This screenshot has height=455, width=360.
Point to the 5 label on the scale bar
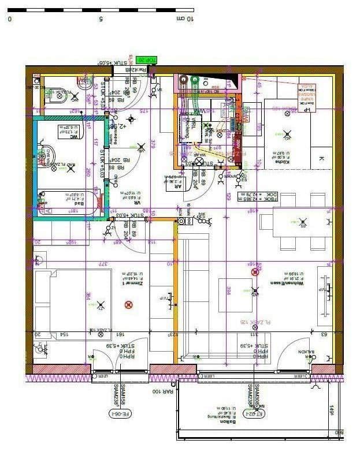click(101, 18)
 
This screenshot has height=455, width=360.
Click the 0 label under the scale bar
click(10, 18)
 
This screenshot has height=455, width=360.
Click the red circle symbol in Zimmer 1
click(129, 304)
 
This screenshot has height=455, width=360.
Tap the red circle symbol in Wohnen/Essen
click(255, 272)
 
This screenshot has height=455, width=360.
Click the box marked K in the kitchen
click(321, 158)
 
